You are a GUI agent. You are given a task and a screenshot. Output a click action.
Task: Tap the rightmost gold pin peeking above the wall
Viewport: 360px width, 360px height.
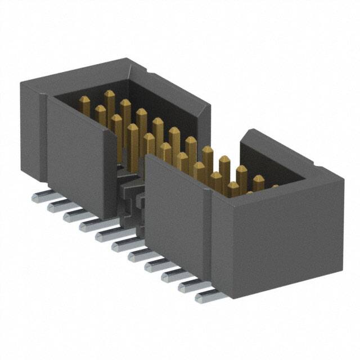(x=258, y=182)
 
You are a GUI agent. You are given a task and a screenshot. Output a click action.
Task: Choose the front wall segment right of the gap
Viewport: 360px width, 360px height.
(x=174, y=208)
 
